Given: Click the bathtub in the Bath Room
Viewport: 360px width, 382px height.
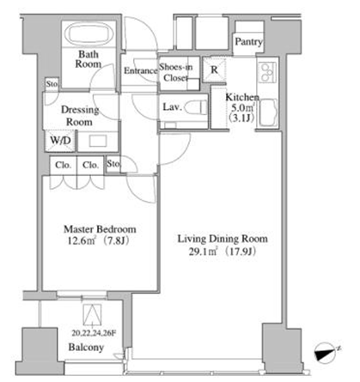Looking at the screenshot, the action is click(x=88, y=34).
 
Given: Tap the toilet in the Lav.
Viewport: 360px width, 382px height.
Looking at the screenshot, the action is click(x=196, y=107).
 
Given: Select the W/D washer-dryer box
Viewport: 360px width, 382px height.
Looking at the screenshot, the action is click(x=60, y=141).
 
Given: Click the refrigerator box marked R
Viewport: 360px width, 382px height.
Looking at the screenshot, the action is click(x=214, y=70).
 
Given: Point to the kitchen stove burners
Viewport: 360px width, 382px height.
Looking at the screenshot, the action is click(x=267, y=72).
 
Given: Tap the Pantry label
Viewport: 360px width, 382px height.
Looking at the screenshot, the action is click(x=248, y=42).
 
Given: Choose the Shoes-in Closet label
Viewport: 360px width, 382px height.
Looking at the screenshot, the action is click(x=175, y=72).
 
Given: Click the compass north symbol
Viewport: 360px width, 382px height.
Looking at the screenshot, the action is click(x=326, y=352).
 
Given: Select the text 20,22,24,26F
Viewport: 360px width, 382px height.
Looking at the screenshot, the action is click(x=94, y=333).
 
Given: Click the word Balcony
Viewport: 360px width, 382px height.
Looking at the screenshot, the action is click(x=86, y=348).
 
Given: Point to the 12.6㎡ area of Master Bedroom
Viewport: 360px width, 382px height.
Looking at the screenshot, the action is click(x=82, y=241).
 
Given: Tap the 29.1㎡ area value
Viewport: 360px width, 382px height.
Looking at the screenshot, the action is click(x=203, y=252).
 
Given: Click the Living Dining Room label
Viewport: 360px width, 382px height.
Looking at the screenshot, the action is click(x=223, y=239).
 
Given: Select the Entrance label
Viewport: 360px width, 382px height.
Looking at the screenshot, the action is click(x=141, y=70).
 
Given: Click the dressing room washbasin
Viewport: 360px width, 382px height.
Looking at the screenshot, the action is click(x=98, y=141).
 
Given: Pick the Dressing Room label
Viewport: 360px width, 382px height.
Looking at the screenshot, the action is click(x=80, y=116).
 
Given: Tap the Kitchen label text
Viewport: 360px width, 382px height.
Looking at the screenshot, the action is click(x=242, y=97).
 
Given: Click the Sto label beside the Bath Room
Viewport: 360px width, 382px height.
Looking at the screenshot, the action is click(x=52, y=84).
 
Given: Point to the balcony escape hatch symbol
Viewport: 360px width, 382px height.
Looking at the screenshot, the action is click(x=92, y=315).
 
